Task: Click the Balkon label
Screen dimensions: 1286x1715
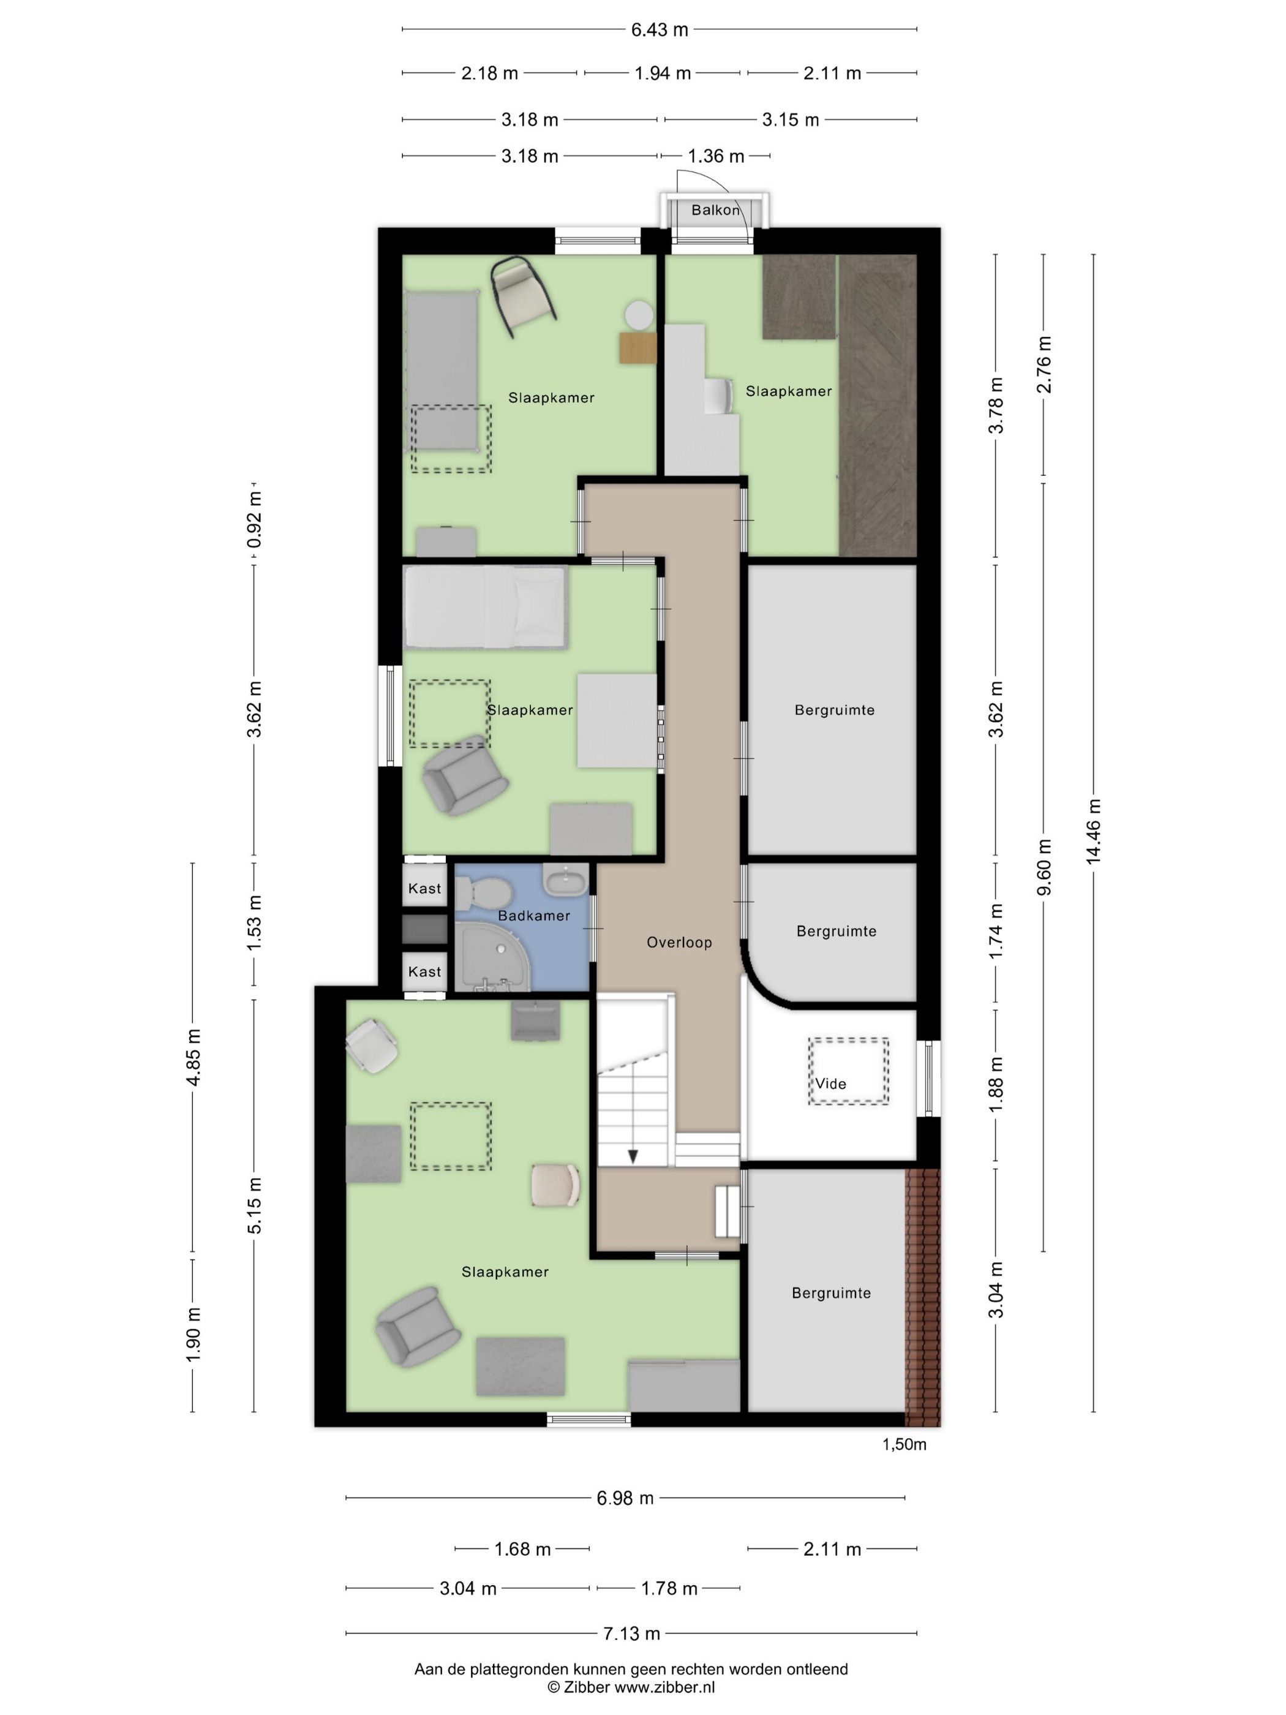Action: click(x=715, y=210)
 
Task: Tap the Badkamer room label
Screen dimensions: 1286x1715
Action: click(x=534, y=916)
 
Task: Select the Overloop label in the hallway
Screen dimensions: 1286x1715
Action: click(x=679, y=943)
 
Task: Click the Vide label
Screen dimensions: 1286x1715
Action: click(x=830, y=1084)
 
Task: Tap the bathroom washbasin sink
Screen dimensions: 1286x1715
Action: click(x=566, y=880)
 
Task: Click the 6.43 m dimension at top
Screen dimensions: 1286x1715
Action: click(x=660, y=29)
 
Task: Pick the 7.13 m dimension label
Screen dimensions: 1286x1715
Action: click(x=632, y=1634)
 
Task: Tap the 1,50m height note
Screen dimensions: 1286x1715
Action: click(x=904, y=1444)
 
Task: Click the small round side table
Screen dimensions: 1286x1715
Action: click(x=639, y=315)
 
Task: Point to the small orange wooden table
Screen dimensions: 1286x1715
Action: click(x=638, y=347)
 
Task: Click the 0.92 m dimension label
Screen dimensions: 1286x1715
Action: click(x=254, y=519)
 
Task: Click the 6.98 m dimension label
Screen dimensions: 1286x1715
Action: click(x=625, y=1499)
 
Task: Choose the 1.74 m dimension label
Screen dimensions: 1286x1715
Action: click(x=996, y=931)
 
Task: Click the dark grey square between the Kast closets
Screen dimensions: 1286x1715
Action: click(x=425, y=930)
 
